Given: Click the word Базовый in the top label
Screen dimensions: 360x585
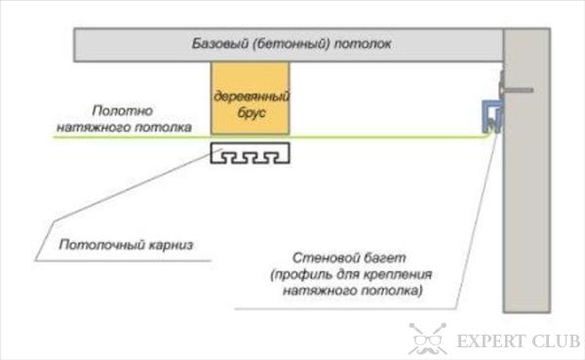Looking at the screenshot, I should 217,45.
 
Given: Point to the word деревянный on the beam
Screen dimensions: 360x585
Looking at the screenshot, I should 251,98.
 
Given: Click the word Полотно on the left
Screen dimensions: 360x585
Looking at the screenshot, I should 121,110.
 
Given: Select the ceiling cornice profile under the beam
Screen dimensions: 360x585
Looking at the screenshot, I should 251,154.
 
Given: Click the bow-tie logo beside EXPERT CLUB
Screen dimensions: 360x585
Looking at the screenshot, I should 425,340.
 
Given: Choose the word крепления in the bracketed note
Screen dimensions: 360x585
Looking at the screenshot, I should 398,276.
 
